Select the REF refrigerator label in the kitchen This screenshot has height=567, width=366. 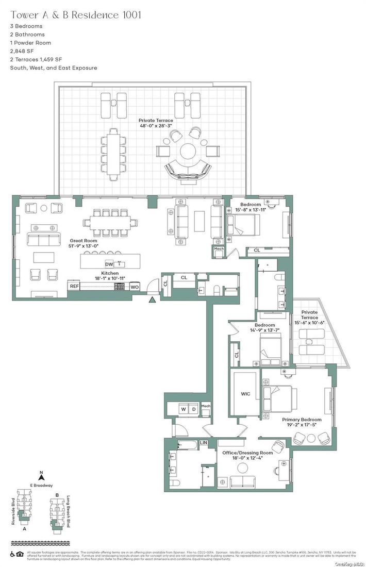point(74,286)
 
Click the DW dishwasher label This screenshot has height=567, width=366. point(109,264)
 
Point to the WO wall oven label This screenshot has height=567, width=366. point(135,286)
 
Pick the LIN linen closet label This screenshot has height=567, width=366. point(204,442)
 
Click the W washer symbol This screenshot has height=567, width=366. point(182,409)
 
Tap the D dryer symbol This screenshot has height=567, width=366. point(194,409)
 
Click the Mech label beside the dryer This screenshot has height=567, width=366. point(206,406)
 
